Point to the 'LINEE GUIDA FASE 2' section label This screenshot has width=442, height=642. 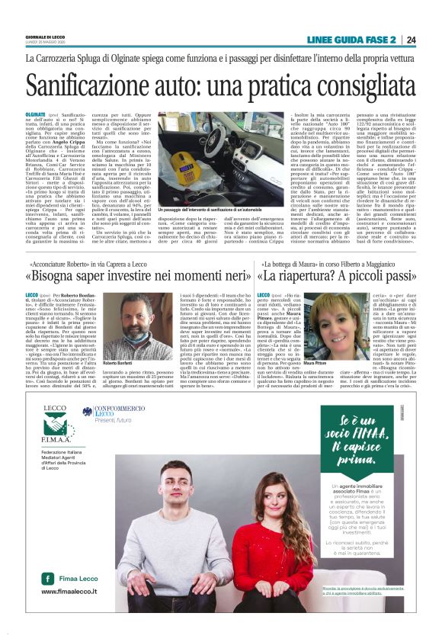(355, 40)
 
